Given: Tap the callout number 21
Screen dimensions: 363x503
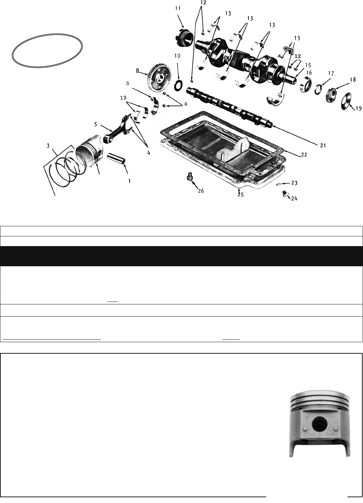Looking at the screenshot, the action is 323,145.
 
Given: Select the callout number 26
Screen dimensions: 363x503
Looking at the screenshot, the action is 201,191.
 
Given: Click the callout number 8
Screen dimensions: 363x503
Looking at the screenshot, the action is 137,71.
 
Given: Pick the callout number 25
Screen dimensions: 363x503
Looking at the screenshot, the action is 240,195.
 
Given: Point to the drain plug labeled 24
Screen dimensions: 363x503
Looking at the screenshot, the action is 285,194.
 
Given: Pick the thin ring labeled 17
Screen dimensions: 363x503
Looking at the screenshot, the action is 318,89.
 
